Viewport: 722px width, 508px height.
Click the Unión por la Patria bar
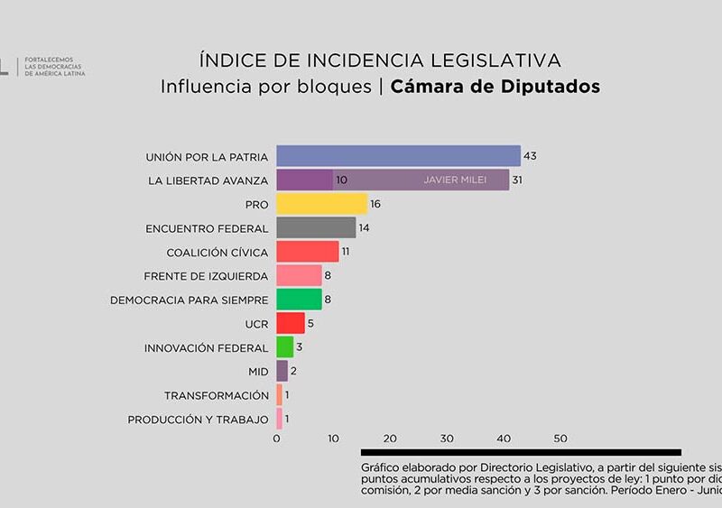pos(398,156)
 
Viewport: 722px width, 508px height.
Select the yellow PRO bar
pos(322,204)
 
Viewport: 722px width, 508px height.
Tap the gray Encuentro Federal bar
pos(316,227)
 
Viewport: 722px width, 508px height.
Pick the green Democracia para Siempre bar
pos(299,300)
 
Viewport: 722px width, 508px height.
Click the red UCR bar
pos(291,323)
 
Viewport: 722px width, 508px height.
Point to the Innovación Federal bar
pos(284,347)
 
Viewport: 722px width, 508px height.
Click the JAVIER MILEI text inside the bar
pos(455,180)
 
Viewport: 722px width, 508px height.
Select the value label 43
pos(530,156)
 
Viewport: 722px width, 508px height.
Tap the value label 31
pos(517,180)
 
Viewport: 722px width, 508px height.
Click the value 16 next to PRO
pos(375,204)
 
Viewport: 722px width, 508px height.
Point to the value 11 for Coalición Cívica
pos(345,252)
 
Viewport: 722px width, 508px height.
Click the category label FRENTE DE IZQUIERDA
pos(206,276)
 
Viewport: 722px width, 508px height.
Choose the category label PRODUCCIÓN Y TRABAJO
pos(198,420)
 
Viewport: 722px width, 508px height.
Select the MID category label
pos(258,372)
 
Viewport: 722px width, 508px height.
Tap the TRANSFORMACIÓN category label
pos(217,395)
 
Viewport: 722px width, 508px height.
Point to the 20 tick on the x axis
pos(390,439)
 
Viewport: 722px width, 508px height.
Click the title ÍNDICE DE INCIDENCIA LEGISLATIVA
pos(380,60)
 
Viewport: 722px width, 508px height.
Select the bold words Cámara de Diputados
pos(495,87)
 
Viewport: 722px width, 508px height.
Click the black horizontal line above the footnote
pos(521,452)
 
